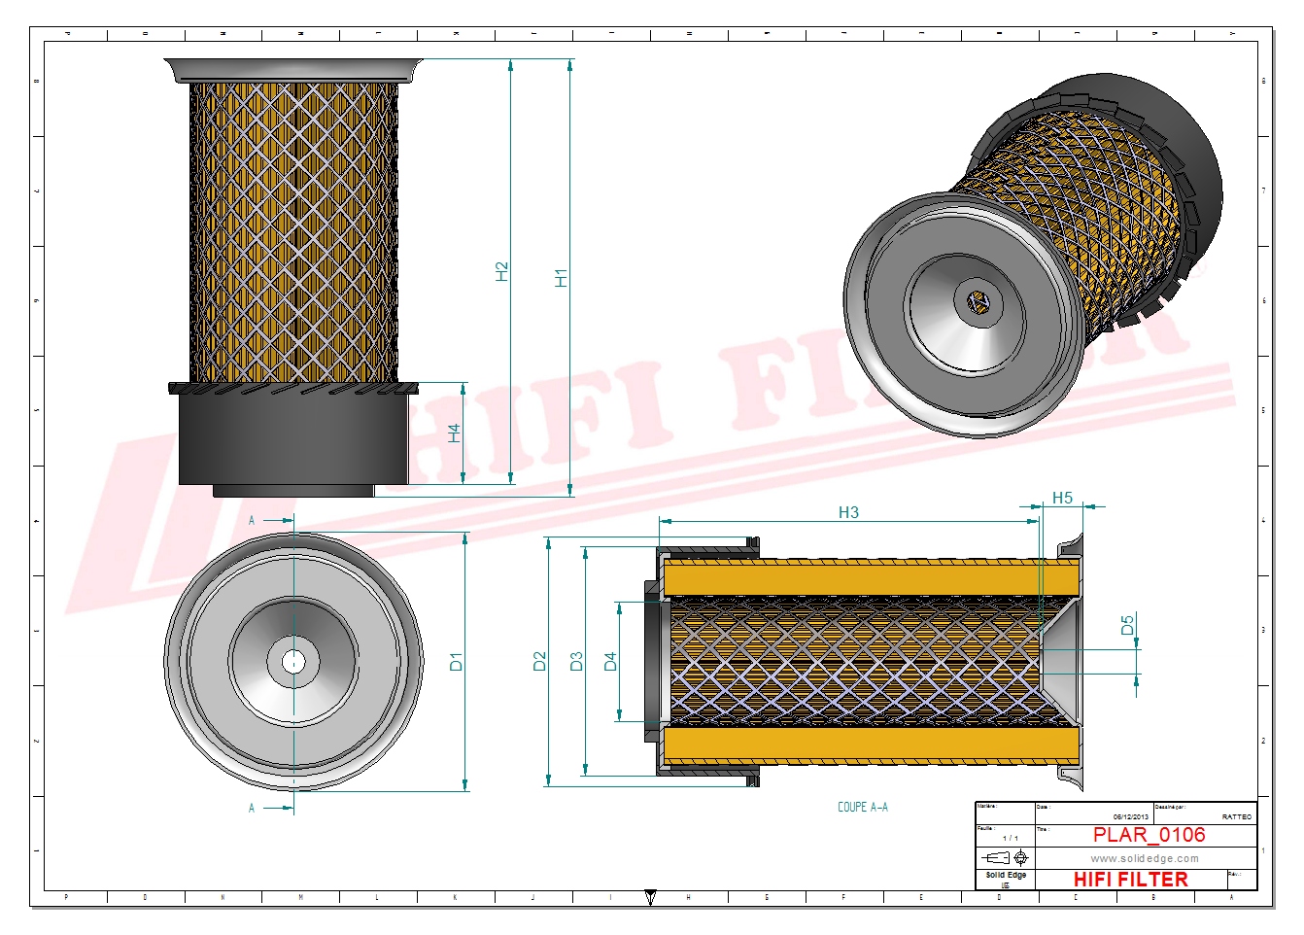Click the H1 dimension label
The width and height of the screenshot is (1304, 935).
point(561,278)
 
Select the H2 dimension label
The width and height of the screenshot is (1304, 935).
point(501,271)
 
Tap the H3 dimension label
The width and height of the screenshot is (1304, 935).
point(848,512)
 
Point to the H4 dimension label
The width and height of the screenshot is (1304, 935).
point(454,433)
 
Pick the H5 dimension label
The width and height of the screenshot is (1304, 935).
point(1062,498)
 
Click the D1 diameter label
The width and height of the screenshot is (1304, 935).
point(456,662)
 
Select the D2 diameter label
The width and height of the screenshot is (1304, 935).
point(540,662)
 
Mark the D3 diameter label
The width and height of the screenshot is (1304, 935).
point(576,662)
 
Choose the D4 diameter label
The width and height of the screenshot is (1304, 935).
point(610,662)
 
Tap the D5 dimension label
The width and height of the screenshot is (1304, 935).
point(1127,625)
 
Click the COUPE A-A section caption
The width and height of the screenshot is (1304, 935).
point(863,807)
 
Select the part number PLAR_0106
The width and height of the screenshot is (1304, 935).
point(1149,835)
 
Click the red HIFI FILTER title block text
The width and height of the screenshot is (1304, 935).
point(1130,879)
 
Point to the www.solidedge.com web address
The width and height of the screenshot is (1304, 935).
point(1144,858)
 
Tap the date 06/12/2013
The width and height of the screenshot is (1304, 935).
point(1130,817)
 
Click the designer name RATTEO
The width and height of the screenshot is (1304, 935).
point(1236,817)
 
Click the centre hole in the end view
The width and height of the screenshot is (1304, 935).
point(293,663)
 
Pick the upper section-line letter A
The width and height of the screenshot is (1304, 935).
point(252,521)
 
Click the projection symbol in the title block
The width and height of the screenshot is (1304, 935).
point(1006,857)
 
